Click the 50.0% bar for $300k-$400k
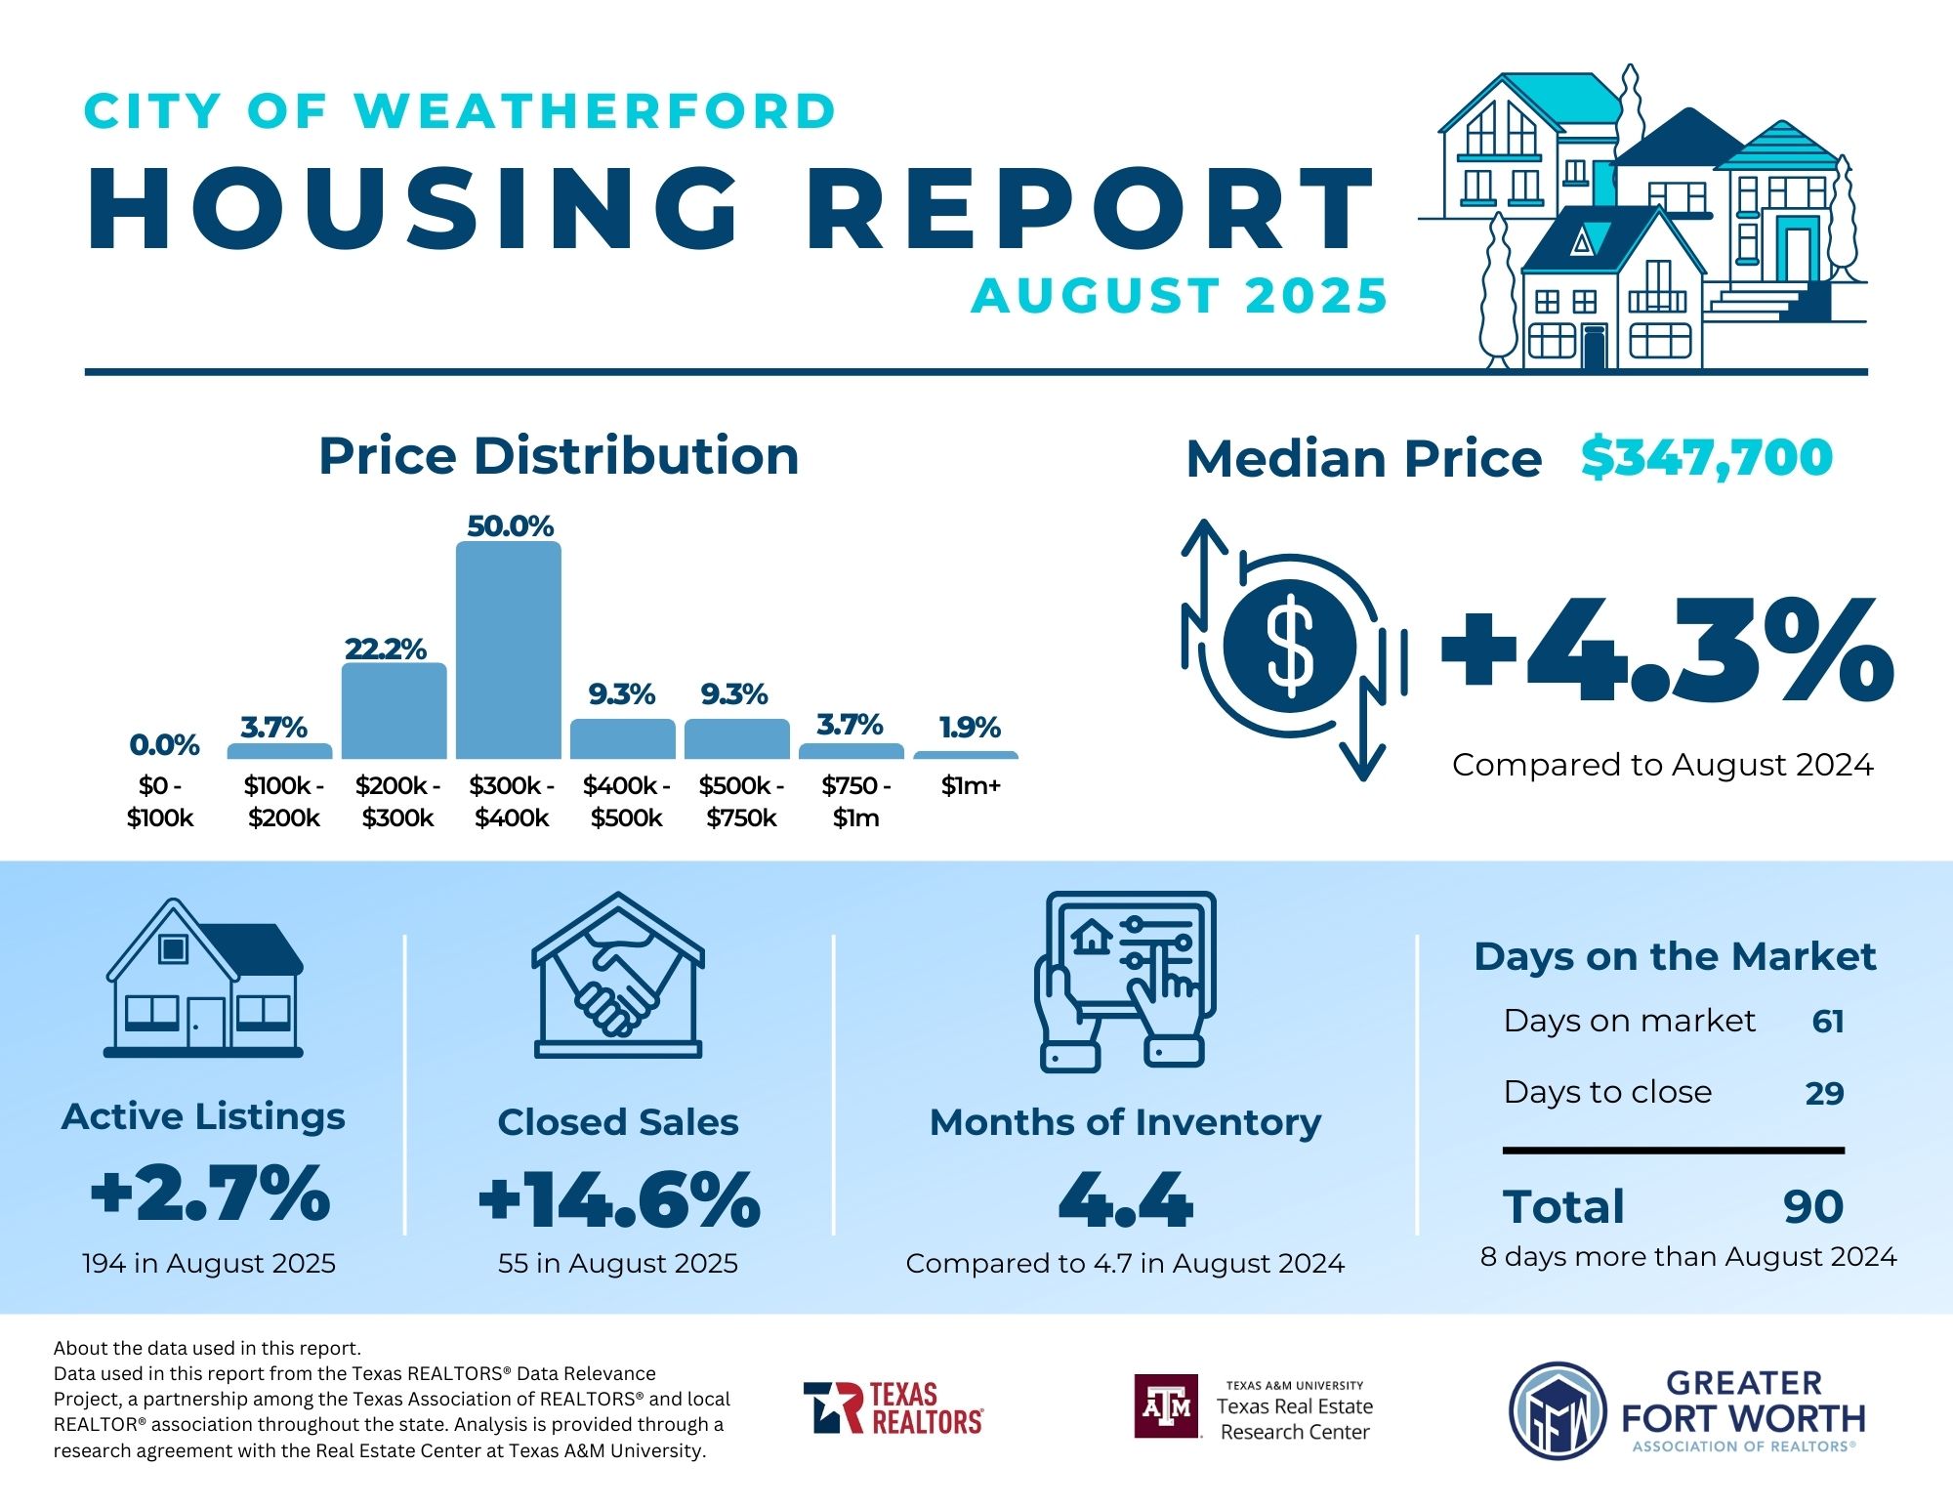click(509, 650)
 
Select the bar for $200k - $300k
click(395, 711)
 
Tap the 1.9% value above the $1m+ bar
click(970, 728)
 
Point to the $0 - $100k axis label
click(160, 802)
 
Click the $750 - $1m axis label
click(855, 802)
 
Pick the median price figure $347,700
click(1707, 457)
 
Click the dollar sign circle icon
click(1290, 646)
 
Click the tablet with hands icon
click(1126, 980)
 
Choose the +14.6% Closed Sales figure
click(619, 1199)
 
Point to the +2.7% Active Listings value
click(210, 1193)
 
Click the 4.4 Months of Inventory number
click(1125, 1199)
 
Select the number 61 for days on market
click(1827, 1022)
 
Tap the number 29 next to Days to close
click(1824, 1093)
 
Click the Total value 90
click(1813, 1207)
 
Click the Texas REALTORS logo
click(893, 1407)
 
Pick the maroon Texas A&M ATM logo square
click(1167, 1406)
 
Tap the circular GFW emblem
click(1558, 1411)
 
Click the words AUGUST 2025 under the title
click(1179, 296)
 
